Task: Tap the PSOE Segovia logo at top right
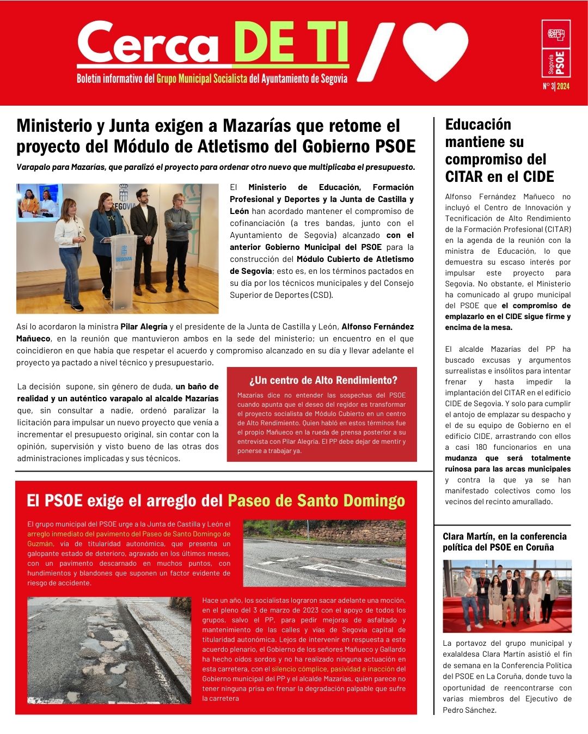(556, 49)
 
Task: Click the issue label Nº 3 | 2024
(556, 87)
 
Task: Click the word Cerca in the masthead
(148, 44)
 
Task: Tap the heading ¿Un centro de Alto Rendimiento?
(323, 380)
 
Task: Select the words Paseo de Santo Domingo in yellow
(316, 500)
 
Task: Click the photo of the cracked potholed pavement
(109, 650)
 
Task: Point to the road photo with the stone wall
(324, 553)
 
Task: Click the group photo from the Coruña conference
(507, 596)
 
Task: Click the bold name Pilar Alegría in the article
(144, 327)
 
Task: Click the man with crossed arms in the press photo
(178, 240)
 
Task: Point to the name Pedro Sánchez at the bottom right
(469, 710)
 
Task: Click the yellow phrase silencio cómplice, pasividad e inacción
(333, 669)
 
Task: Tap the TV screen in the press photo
(39, 201)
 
